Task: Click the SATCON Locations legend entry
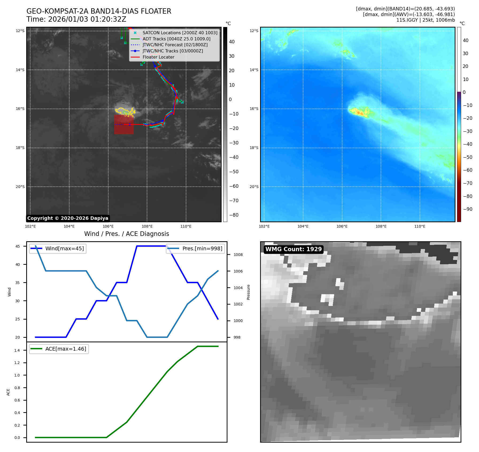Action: click(x=180, y=33)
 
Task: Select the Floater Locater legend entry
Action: click(x=158, y=57)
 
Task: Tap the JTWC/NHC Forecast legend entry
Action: click(x=175, y=45)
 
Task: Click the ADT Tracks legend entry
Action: click(x=176, y=39)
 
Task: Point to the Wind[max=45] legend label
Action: click(x=64, y=248)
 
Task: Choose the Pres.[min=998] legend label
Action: click(x=202, y=248)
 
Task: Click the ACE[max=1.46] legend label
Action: click(x=66, y=349)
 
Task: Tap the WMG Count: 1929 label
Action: click(x=293, y=249)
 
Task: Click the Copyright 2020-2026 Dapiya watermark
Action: click(x=68, y=218)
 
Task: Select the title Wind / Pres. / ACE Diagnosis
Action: click(x=126, y=234)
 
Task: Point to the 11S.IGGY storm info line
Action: click(x=425, y=20)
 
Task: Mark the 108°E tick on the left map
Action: click(x=147, y=226)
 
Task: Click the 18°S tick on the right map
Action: click(x=254, y=148)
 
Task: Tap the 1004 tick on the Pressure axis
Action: click(x=238, y=288)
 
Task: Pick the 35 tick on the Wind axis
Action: click(x=18, y=283)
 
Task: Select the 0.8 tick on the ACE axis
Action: click(x=17, y=388)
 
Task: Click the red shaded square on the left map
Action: click(x=124, y=125)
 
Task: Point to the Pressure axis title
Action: click(x=248, y=292)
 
